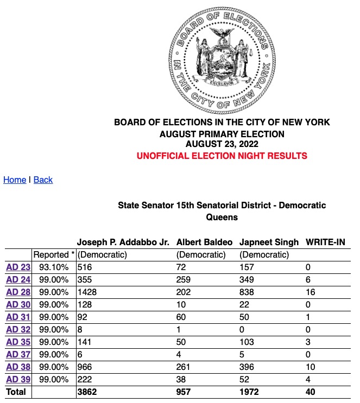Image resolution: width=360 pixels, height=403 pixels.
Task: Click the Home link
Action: pos(15,180)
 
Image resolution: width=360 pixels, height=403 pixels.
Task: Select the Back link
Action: pos(43,180)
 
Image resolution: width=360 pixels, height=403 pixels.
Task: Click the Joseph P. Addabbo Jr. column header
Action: pos(123,242)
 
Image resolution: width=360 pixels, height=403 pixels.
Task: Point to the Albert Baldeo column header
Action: pos(205,242)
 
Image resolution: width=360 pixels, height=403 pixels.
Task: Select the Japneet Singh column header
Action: pos(269,242)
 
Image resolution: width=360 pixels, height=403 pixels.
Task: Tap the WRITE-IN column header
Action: pos(326,242)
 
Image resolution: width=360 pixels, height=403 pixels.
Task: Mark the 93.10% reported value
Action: pos(54,267)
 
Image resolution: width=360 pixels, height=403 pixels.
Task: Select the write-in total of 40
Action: pos(311,392)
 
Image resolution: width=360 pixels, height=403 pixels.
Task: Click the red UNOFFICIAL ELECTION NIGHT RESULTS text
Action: pos(222,156)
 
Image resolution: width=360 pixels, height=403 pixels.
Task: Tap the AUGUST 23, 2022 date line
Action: pos(222,144)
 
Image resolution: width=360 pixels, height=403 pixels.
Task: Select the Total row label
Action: pos(16,392)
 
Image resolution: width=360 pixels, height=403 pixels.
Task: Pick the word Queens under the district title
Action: pos(222,217)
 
